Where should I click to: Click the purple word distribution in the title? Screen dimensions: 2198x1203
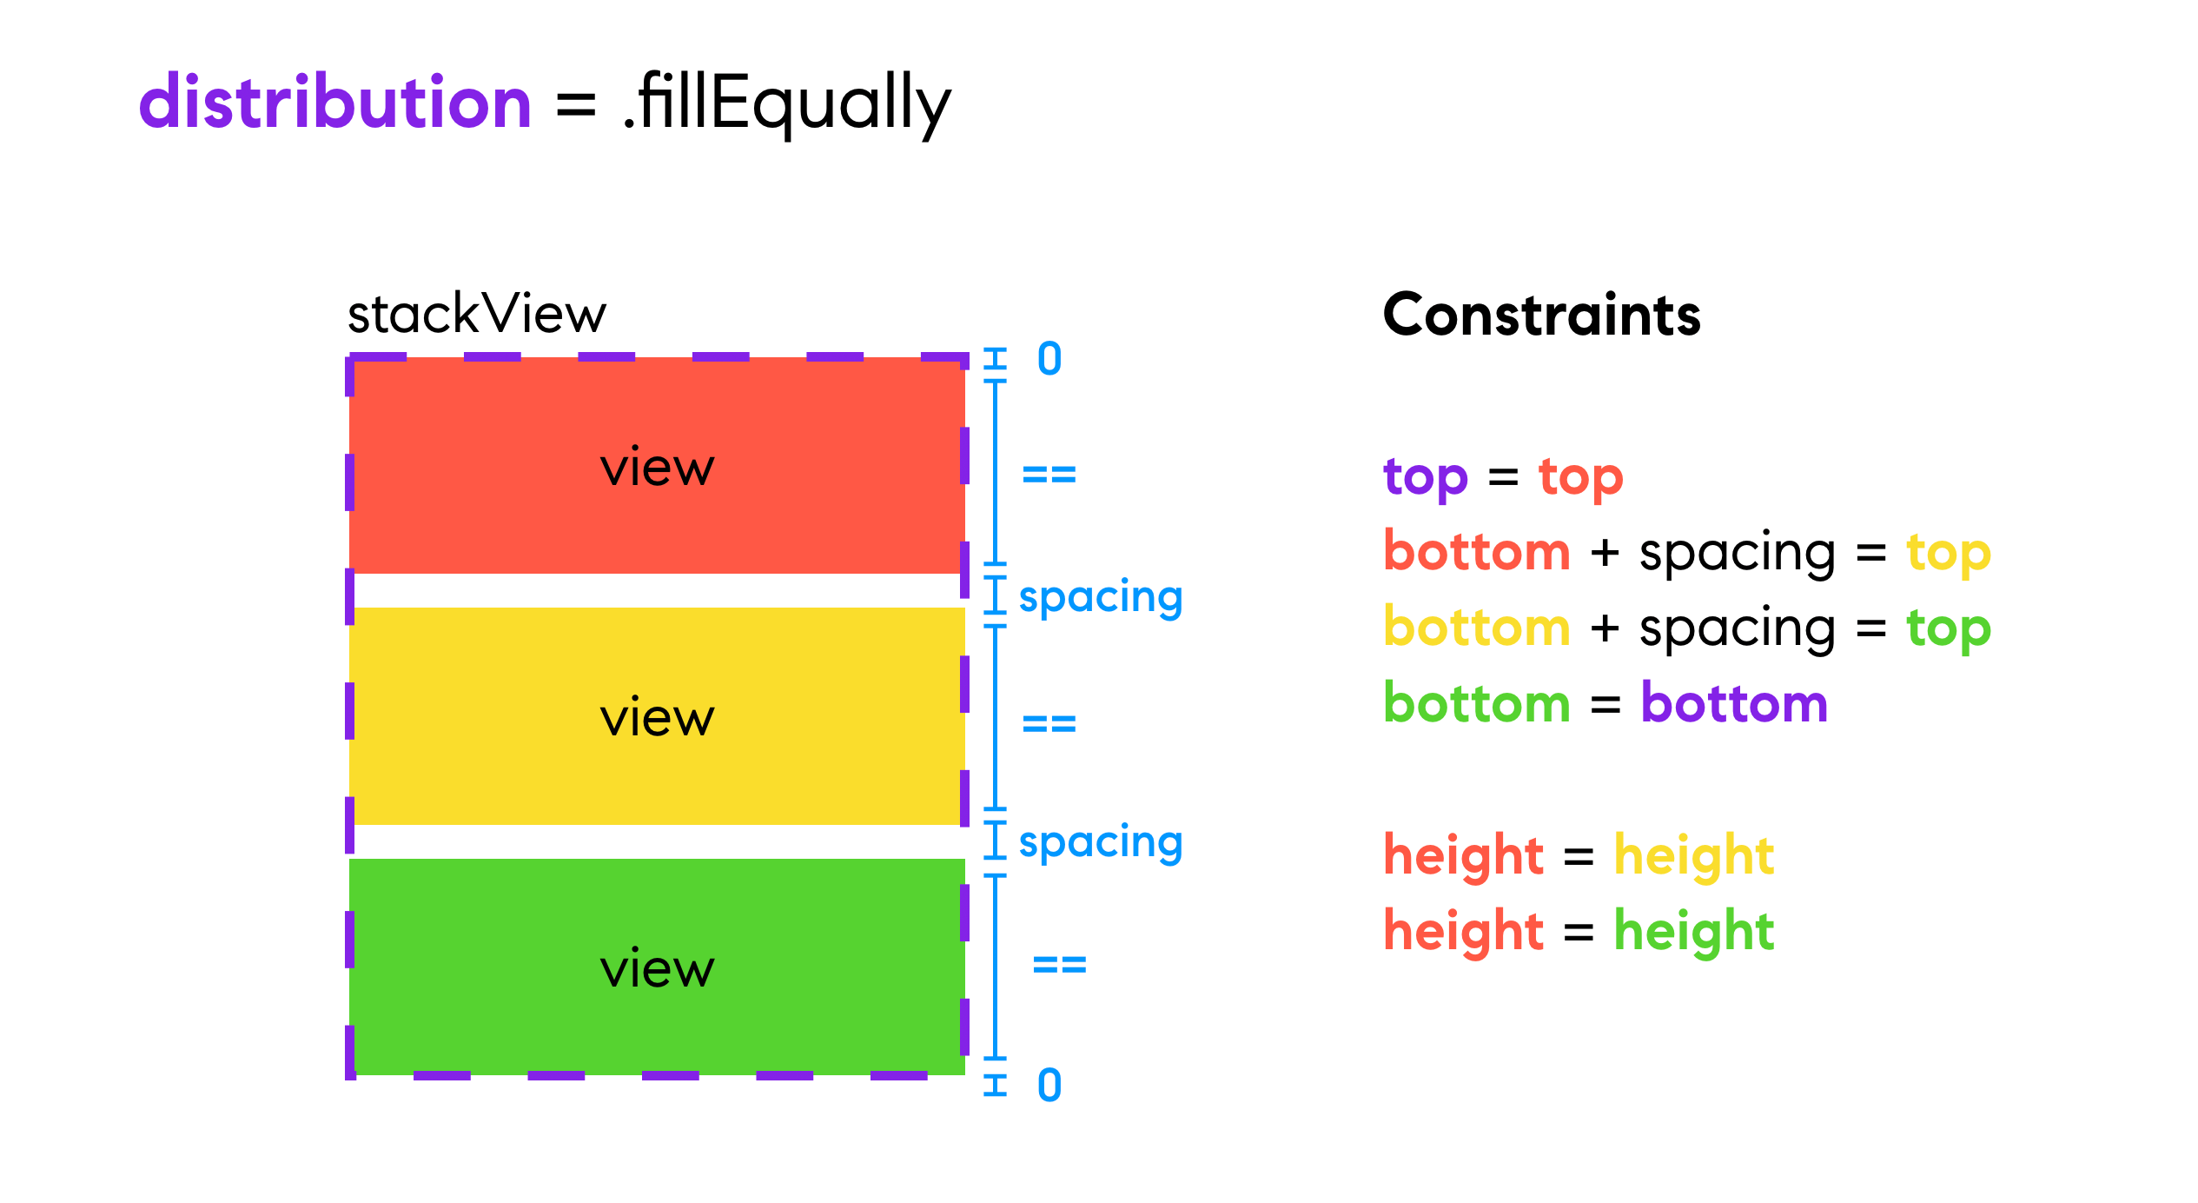point(335,102)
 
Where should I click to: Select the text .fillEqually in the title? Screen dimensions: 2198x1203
point(787,103)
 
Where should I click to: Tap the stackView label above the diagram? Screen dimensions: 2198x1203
point(477,314)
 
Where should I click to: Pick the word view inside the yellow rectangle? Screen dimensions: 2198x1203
point(658,717)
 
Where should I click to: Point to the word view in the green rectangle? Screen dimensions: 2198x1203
point(658,967)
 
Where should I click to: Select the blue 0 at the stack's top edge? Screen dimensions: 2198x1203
point(1049,359)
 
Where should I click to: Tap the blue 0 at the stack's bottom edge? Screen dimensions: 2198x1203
point(1049,1085)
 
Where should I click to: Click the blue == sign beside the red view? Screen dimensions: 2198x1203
point(1049,475)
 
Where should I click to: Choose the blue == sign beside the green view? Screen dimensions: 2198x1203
point(1060,964)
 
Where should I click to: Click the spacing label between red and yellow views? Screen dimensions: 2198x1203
point(1101,597)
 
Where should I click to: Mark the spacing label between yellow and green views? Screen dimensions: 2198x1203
point(1101,842)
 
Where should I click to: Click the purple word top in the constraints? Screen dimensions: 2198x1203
point(1426,478)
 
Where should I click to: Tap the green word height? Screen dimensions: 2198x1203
point(1694,932)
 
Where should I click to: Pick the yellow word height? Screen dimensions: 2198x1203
point(1694,856)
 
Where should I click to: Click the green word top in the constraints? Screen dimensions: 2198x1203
point(1949,629)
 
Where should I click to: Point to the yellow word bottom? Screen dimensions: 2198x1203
point(1477,627)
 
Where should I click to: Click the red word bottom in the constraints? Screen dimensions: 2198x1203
point(1477,551)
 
